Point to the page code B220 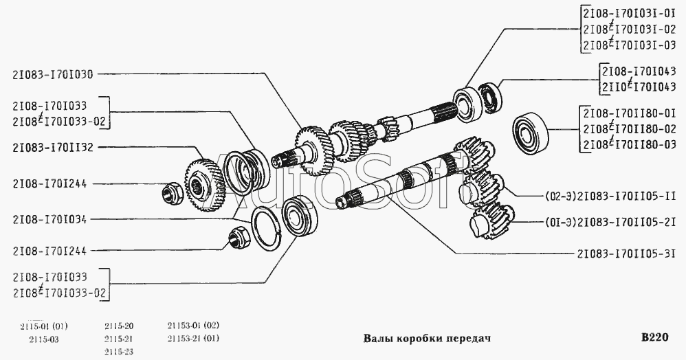tap(654, 338)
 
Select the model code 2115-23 tap(119, 352)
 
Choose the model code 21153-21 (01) tap(193, 339)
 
